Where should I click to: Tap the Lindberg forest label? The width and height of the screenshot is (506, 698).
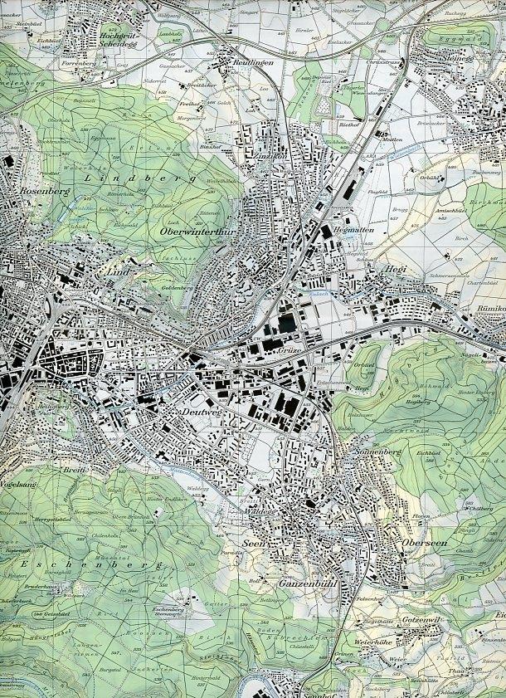pos(140,178)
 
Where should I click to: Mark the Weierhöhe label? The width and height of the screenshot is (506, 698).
pos(369,641)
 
